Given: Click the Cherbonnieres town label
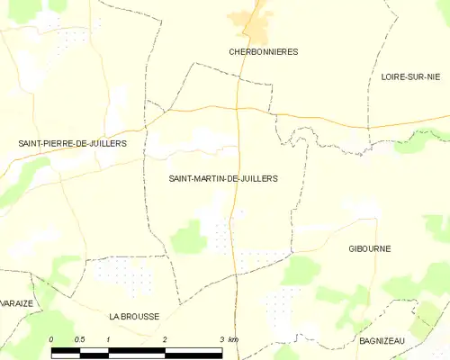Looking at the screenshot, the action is pos(263,52).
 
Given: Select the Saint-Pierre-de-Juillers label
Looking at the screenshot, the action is pos(73,143).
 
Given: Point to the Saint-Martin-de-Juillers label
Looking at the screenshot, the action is pos(223,178).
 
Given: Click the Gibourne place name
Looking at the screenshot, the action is pos(370,248).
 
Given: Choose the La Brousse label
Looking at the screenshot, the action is pos(134,317).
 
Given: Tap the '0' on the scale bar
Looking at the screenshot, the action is pos(51,338).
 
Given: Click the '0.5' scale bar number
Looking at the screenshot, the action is pos(79,338).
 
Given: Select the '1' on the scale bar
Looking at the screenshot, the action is pos(108,338).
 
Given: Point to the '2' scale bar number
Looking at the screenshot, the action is pos(165,338).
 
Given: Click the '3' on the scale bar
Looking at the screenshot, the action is pos(221,338).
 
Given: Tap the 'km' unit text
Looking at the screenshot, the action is pos(233,338).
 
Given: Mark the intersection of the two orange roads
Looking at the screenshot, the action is pos(238,109).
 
